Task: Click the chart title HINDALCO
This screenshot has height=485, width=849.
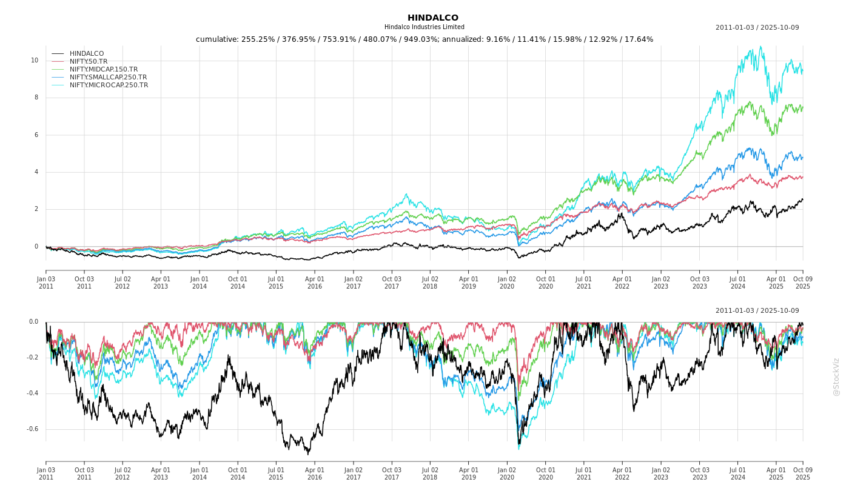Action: pyautogui.click(x=432, y=18)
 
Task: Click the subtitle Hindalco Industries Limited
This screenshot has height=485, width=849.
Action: pyautogui.click(x=424, y=27)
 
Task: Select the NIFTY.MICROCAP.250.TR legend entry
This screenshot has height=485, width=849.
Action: pyautogui.click(x=109, y=85)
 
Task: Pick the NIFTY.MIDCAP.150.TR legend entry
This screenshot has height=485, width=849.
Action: pyautogui.click(x=104, y=70)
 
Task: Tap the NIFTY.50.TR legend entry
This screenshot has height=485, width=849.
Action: pyautogui.click(x=89, y=62)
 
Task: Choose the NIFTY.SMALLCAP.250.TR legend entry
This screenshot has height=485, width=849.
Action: pyautogui.click(x=108, y=78)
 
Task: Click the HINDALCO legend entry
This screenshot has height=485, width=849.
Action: pyautogui.click(x=87, y=54)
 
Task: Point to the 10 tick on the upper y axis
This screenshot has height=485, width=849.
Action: pyautogui.click(x=35, y=61)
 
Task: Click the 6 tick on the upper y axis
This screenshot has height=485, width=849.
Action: pyautogui.click(x=36, y=135)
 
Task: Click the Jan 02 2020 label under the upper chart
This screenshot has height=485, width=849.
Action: pyautogui.click(x=507, y=283)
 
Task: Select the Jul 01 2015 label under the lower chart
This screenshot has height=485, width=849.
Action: pyautogui.click(x=276, y=473)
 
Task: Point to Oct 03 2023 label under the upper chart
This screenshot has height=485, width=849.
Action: pyautogui.click(x=699, y=283)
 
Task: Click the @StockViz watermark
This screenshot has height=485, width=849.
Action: pyautogui.click(x=836, y=376)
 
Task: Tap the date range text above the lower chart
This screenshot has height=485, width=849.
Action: pyautogui.click(x=757, y=311)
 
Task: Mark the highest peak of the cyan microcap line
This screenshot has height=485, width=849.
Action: pyautogui.click(x=761, y=46)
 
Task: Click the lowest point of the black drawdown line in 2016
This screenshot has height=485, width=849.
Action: pyautogui.click(x=308, y=454)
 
